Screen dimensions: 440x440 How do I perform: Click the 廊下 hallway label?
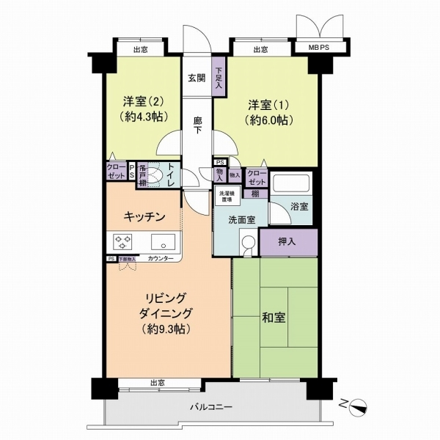point(197,125)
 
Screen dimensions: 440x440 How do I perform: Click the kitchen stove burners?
point(122,241)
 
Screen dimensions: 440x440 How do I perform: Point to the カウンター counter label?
point(161,259)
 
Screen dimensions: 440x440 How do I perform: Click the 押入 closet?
point(287,241)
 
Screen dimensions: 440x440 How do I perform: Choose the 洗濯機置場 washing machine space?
point(227,197)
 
